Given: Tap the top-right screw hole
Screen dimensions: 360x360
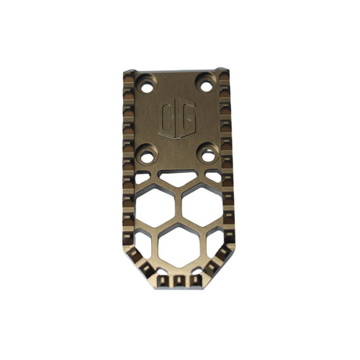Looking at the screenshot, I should tap(206, 82).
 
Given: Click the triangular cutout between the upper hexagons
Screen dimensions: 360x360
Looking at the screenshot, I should tap(178, 179).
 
